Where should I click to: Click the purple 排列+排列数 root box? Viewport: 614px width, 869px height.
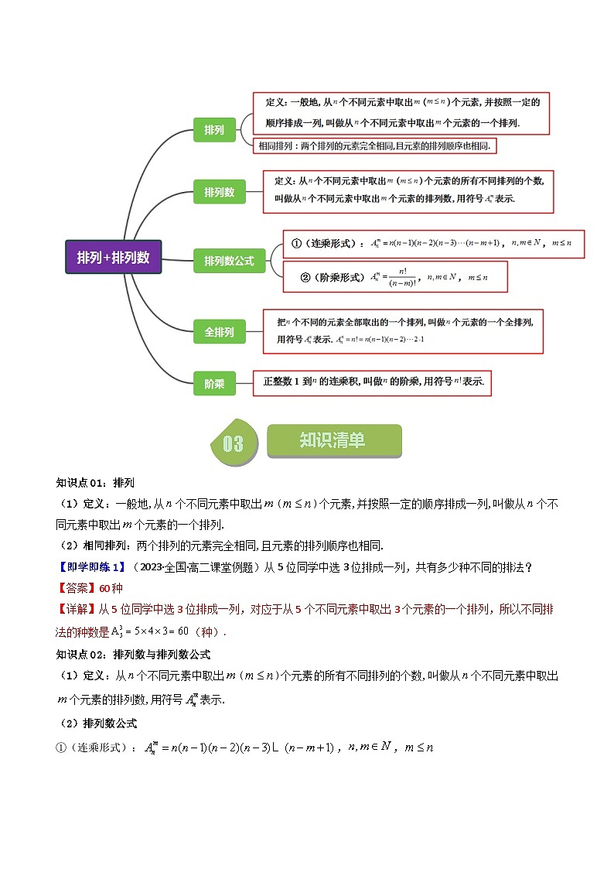coord(113,257)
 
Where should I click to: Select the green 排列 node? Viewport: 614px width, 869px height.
coord(214,130)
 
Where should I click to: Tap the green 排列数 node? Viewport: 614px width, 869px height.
coord(220,192)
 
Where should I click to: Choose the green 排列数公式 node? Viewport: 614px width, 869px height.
coord(229,261)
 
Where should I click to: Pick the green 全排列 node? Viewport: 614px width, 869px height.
coord(220,332)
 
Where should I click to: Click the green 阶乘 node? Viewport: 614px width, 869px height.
coord(214,383)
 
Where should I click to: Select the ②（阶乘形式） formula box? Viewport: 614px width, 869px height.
coord(394,276)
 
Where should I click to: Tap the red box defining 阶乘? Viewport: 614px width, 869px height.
coord(373,381)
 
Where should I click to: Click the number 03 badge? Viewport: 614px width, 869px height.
coord(233,443)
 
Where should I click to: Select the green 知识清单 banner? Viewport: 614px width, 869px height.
coord(333,441)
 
